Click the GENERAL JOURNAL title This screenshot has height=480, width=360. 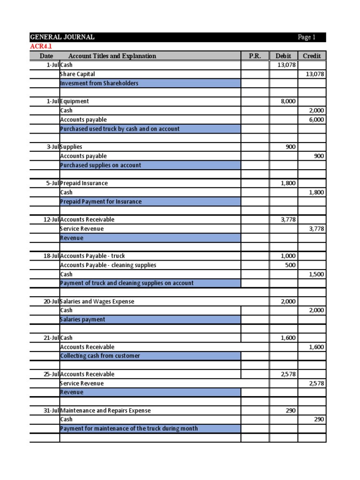click(62, 37)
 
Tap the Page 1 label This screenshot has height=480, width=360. click(307, 37)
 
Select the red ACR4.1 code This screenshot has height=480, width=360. click(41, 46)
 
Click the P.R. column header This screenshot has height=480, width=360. click(255, 56)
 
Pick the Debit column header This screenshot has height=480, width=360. click(283, 56)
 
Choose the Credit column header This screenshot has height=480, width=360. click(312, 56)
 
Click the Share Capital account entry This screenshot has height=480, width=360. click(77, 74)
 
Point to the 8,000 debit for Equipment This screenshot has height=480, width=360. click(288, 101)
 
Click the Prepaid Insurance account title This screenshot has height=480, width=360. click(84, 183)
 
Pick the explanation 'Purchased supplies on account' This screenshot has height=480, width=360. click(100, 165)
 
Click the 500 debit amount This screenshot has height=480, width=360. click(290, 265)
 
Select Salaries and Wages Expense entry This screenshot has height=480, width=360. click(97, 301)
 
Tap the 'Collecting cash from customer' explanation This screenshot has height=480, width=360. click(100, 356)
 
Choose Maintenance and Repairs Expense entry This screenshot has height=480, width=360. click(105, 410)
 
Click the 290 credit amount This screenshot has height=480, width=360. click(319, 419)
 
